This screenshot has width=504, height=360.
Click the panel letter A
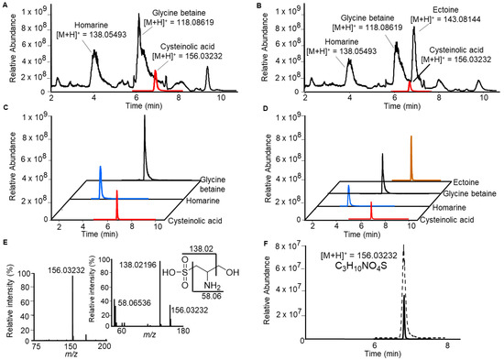pos(5,6)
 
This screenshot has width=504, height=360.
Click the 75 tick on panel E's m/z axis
pos(38,344)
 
